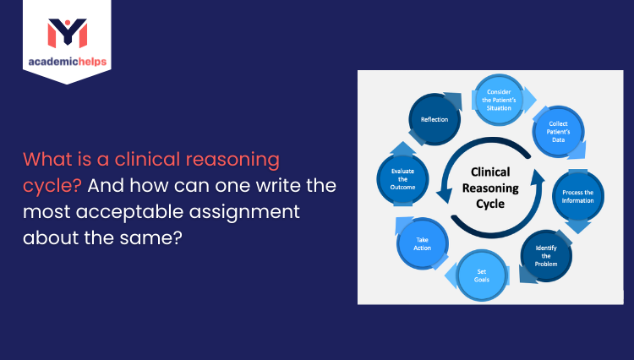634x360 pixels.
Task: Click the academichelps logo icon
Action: pos(67,31)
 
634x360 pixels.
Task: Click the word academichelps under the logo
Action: pos(67,63)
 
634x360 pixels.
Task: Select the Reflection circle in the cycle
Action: pos(435,119)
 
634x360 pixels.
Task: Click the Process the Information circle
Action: pos(577,196)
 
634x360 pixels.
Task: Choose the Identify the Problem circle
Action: pos(547,254)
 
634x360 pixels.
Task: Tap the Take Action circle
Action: pos(422,245)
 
